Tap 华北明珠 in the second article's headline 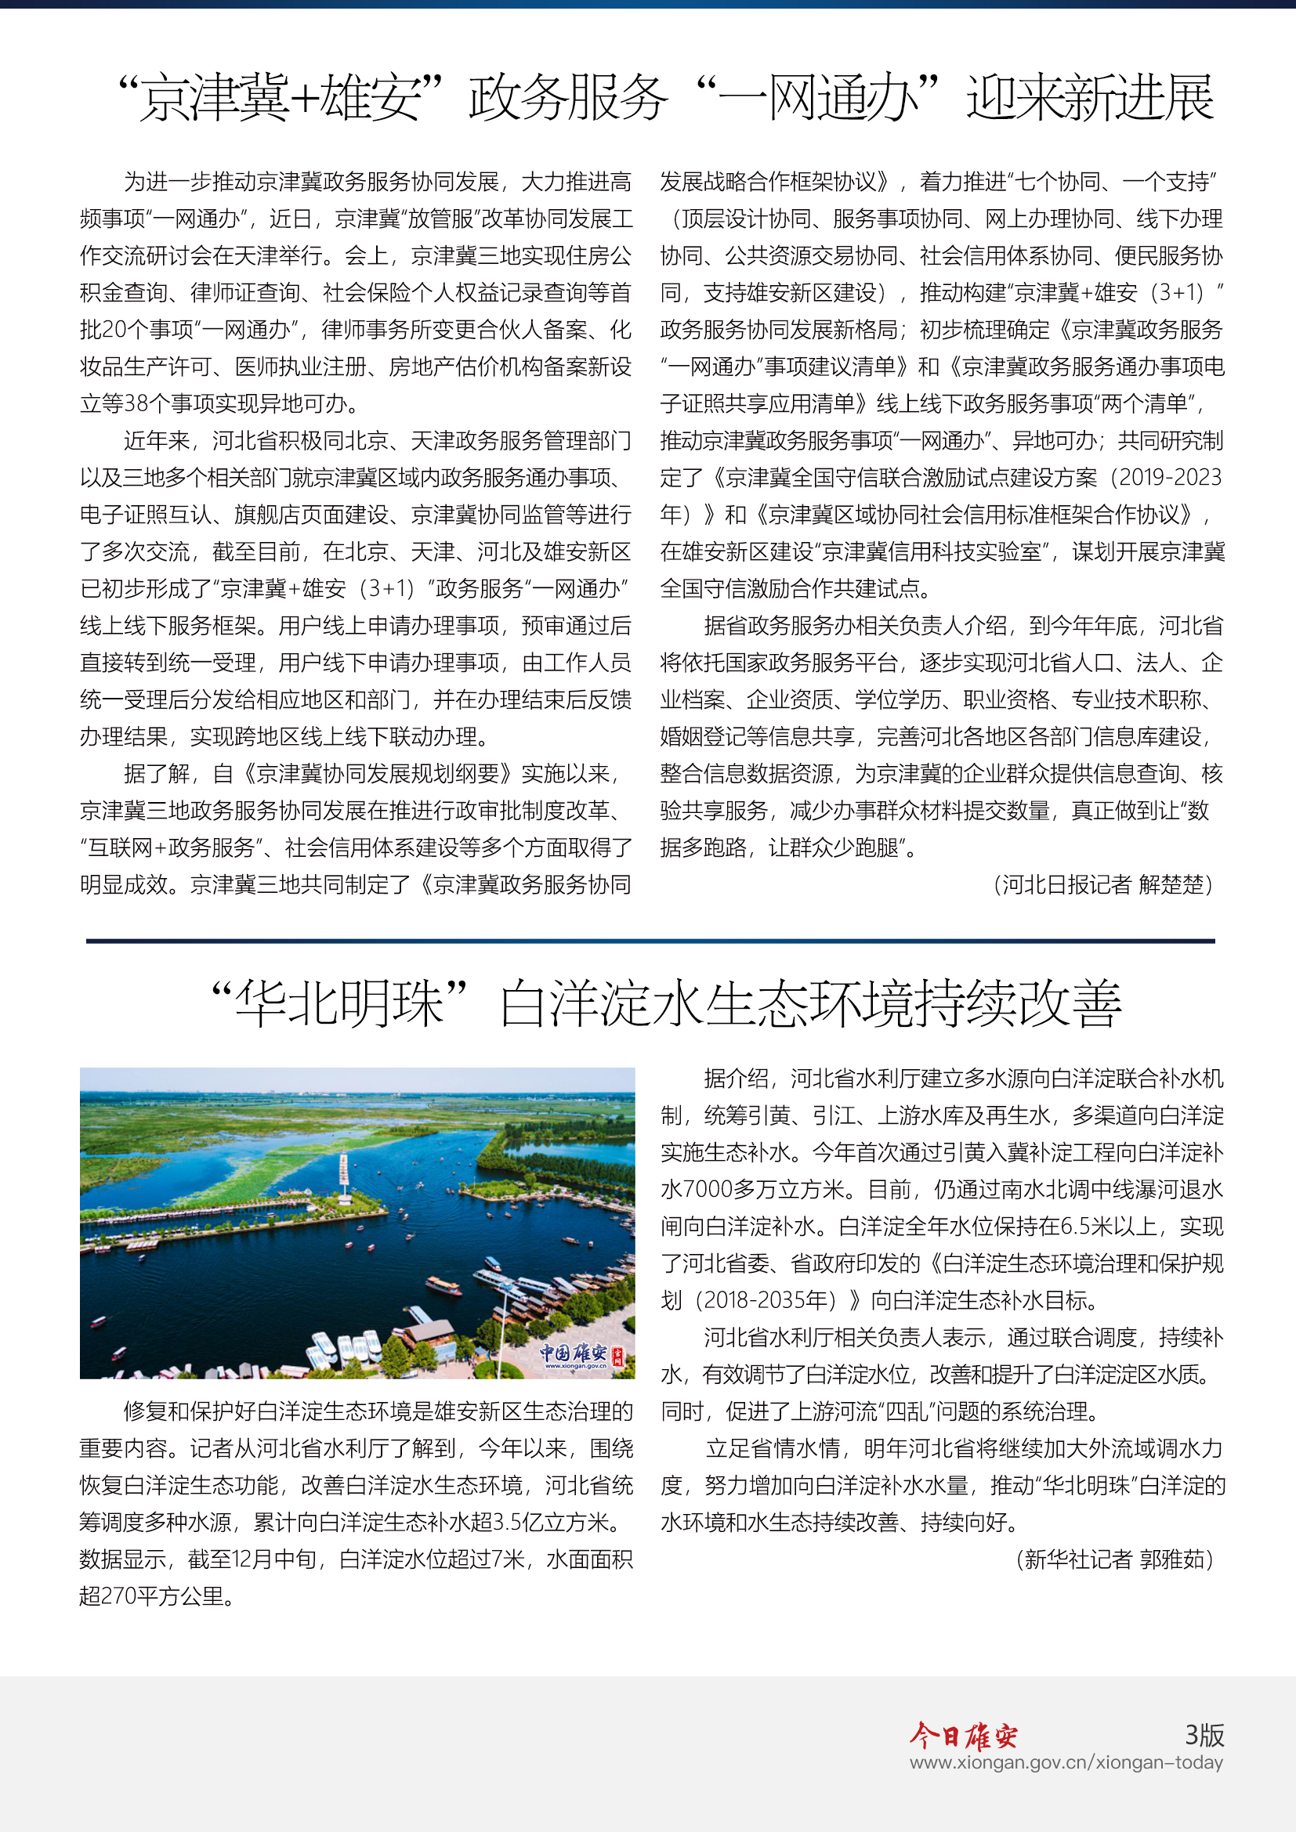tap(340, 1004)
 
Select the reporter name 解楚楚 tap(1171, 884)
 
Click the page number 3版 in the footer tap(1204, 1735)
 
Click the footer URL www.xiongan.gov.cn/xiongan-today tap(1066, 1762)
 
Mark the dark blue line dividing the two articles tap(650, 941)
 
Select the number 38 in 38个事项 tap(136, 403)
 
